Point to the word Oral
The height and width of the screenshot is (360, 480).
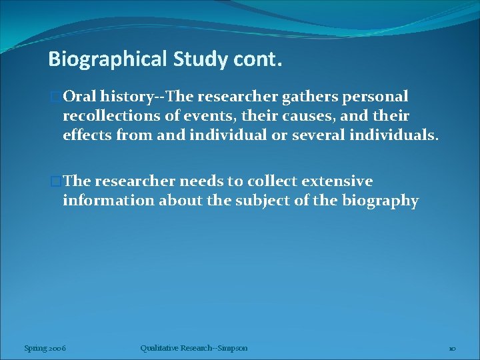(81, 97)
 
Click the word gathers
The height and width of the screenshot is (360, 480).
(310, 97)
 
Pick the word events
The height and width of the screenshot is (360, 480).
(200, 116)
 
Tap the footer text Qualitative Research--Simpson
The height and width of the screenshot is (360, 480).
(194, 347)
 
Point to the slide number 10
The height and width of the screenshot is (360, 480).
(451, 348)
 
